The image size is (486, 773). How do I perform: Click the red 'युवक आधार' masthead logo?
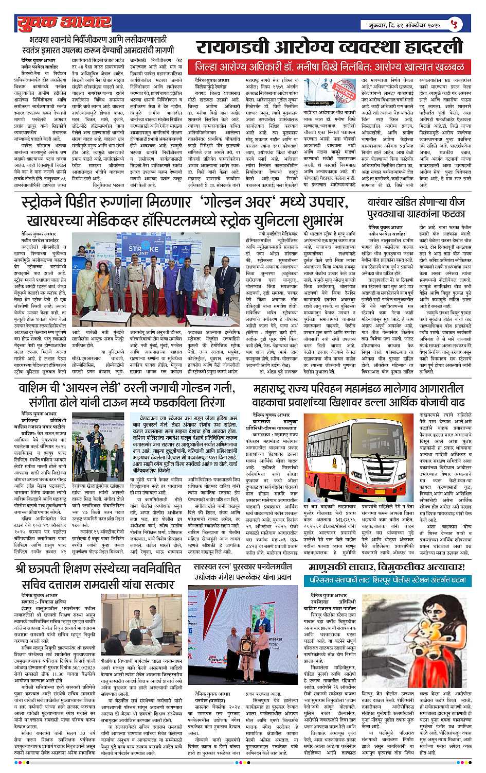64,23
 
